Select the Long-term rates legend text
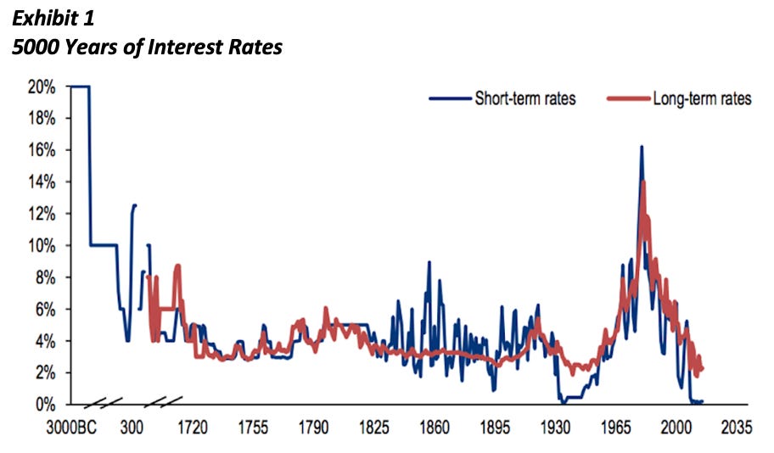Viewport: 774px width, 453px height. tap(701, 99)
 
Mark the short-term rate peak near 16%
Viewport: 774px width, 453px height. tap(641, 147)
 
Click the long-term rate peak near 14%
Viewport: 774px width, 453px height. tap(643, 182)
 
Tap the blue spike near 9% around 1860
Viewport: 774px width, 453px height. tap(429, 262)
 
